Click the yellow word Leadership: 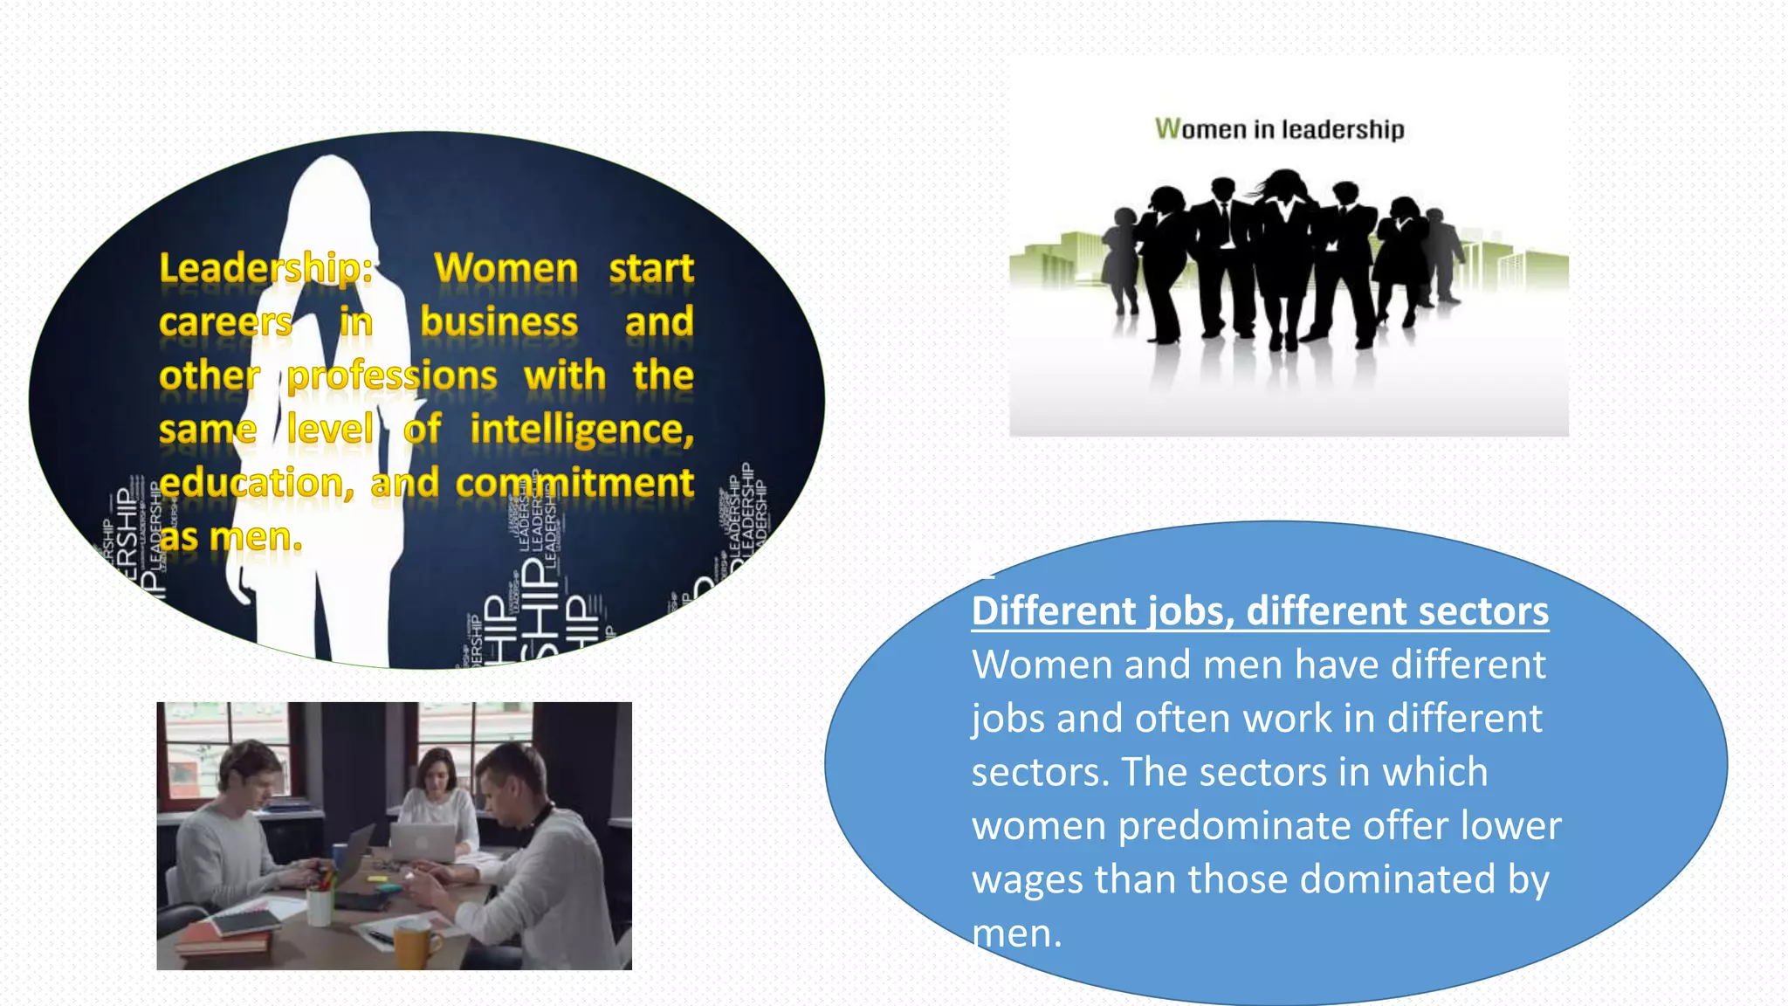click(266, 268)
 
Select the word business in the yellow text click(499, 322)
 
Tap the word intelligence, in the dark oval click(581, 430)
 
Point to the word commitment click(574, 483)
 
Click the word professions click(392, 376)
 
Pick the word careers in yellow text click(225, 322)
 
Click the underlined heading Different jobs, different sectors click(1260, 610)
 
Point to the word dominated click(1398, 879)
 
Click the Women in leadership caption click(1279, 129)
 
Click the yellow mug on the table click(416, 946)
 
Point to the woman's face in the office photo click(435, 773)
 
